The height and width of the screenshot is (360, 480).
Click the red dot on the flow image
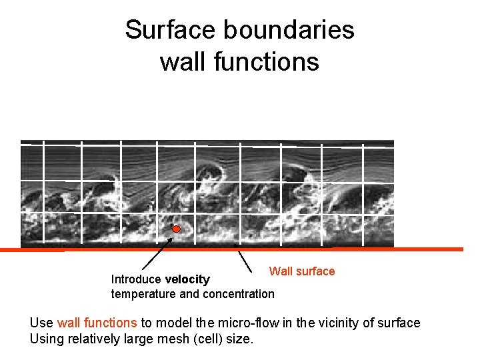coord(177,230)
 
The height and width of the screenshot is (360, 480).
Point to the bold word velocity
coord(187,279)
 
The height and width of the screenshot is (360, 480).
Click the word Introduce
coord(137,279)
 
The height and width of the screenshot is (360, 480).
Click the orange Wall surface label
coord(301,271)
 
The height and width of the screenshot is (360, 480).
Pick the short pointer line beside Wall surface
coord(245,259)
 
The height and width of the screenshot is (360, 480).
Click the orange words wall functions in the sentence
coord(97,323)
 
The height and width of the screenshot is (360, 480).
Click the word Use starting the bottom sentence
coord(41,323)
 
